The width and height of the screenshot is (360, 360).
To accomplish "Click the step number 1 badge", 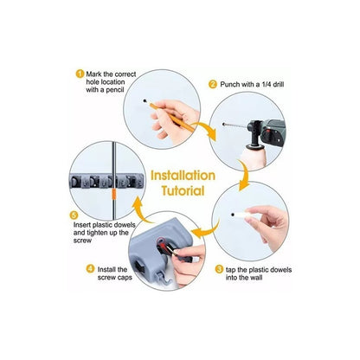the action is [80, 74].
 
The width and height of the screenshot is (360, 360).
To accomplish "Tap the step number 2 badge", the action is [213, 84].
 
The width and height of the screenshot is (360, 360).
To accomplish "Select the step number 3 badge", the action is [219, 269].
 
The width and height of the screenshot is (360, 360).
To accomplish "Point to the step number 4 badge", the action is [90, 269].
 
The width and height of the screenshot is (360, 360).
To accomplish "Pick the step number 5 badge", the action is [74, 215].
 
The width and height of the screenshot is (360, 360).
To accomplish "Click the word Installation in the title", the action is [183, 176].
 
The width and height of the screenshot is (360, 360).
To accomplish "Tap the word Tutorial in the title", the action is [183, 191].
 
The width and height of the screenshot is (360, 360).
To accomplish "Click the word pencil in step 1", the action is [115, 90].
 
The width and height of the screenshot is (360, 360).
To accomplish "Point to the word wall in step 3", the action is [255, 278].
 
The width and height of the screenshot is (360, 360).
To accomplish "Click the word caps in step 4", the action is [125, 278].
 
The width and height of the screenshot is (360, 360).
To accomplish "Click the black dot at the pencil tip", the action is [145, 101].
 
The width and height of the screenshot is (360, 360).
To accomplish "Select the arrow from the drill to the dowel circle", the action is [244, 176].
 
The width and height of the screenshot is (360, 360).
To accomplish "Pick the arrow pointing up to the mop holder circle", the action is [142, 209].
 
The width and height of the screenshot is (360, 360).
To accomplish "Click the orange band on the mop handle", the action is [114, 194].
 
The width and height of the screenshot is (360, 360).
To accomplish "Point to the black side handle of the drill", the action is [254, 138].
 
